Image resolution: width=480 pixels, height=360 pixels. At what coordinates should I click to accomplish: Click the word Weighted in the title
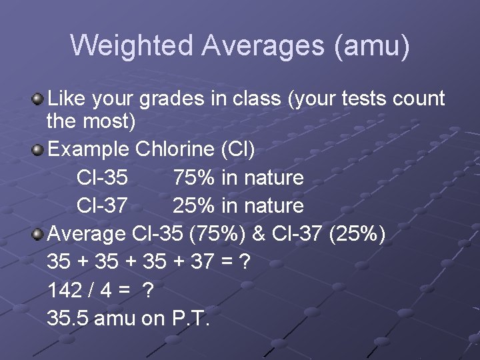coord(131,45)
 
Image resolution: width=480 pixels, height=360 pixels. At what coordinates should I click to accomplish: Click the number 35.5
coord(68,319)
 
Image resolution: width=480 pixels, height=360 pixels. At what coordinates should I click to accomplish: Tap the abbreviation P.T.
coord(191,319)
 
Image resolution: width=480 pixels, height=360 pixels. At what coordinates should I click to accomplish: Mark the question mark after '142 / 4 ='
coord(149,291)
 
